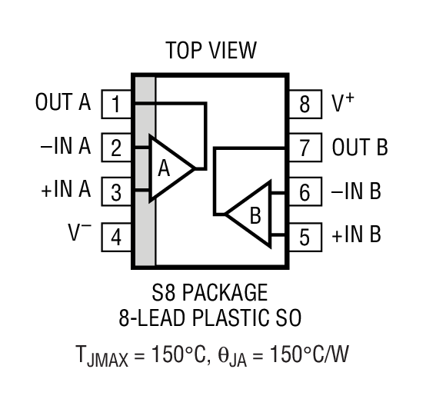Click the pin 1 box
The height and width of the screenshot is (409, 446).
point(116,104)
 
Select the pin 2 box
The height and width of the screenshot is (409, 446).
point(116,148)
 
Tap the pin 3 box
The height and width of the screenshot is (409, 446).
point(116,191)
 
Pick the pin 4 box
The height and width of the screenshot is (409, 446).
point(116,236)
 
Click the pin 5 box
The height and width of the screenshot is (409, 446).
point(305,236)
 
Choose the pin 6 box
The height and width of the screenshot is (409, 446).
point(305,191)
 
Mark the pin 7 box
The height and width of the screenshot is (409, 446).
point(305,148)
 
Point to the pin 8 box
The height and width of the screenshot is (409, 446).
point(305,104)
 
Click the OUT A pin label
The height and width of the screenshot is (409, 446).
point(63,102)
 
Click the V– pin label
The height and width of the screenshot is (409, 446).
point(80,234)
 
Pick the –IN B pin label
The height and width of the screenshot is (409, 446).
point(356,191)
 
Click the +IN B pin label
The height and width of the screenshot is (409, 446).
point(356,235)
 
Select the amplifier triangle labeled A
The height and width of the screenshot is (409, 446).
point(168,169)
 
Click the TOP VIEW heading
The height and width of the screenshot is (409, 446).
point(211,51)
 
